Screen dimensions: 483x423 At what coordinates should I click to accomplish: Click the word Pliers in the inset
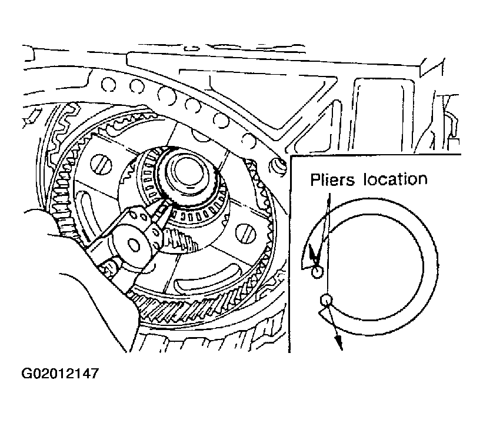pyautogui.click(x=332, y=179)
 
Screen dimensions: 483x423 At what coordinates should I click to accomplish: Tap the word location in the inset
pyautogui.click(x=395, y=179)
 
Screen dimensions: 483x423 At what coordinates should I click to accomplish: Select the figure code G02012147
pyautogui.click(x=60, y=373)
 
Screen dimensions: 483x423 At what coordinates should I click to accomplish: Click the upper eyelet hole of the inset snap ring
pyautogui.click(x=317, y=272)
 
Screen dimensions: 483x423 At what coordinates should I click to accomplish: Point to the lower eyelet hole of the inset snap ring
pyautogui.click(x=326, y=299)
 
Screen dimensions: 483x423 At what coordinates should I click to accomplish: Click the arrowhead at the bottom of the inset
pyautogui.click(x=338, y=342)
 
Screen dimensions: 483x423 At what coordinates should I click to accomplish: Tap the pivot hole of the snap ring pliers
pyautogui.click(x=134, y=245)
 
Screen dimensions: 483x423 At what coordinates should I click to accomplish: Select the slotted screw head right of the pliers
pyautogui.click(x=246, y=233)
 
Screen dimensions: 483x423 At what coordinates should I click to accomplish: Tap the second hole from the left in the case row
pyautogui.click(x=136, y=86)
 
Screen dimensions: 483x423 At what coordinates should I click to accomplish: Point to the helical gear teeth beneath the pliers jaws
pyautogui.click(x=179, y=238)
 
